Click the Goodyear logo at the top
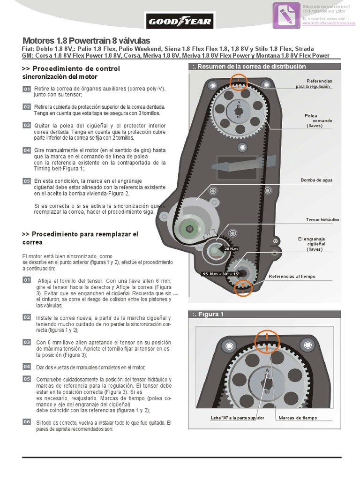tap(180, 21)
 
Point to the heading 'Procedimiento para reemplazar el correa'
tap(80, 238)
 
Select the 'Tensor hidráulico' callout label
tap(322, 219)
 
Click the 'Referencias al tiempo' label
tap(292, 277)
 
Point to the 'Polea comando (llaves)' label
tap(318, 120)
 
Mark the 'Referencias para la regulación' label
tap(314, 83)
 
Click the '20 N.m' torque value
tap(232, 248)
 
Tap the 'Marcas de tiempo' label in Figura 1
tap(297, 418)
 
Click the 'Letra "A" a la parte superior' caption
tap(238, 418)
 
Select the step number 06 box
tap(27, 422)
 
